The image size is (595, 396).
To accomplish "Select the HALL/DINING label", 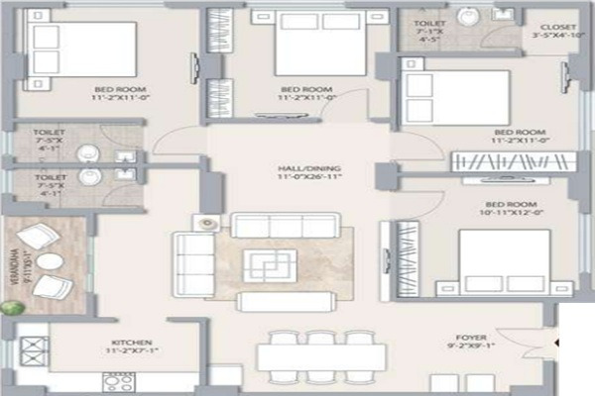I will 295,169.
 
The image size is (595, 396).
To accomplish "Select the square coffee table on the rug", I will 270,265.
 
